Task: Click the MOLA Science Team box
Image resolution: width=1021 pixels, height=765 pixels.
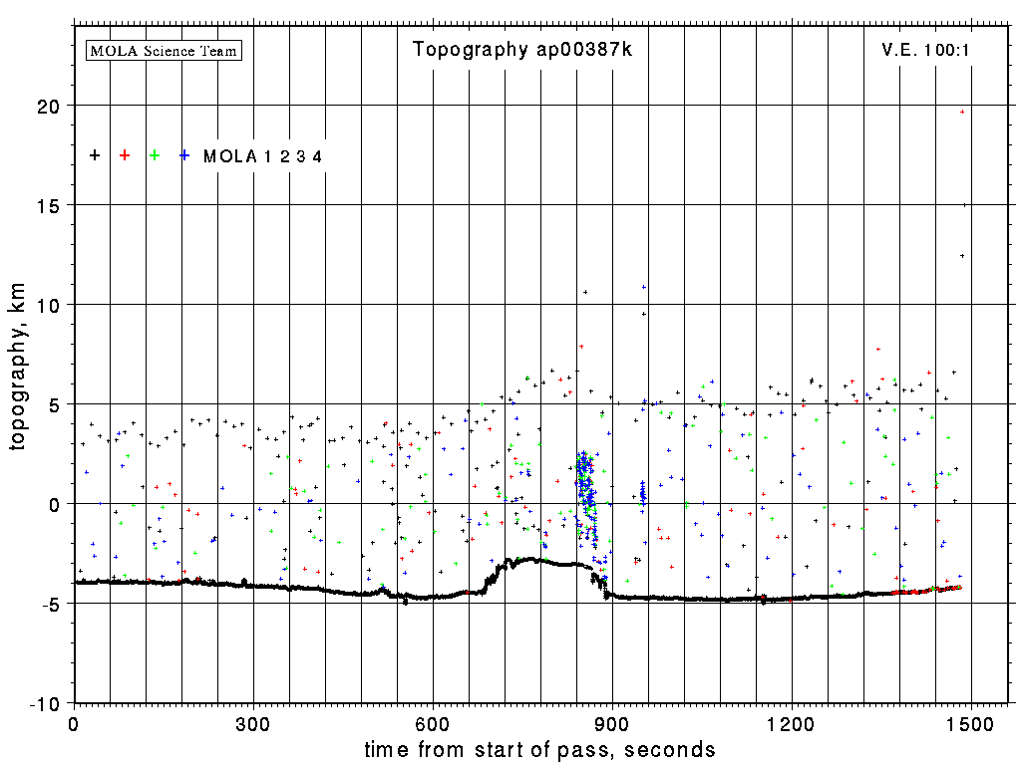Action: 165,50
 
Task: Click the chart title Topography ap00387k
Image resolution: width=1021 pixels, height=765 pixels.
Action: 522,50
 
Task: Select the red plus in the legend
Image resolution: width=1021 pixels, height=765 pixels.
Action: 125,155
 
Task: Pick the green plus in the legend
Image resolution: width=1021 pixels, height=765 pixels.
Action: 155,155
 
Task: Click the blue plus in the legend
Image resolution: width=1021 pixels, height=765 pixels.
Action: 184,155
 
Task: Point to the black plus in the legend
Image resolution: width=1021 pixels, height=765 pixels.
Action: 95,155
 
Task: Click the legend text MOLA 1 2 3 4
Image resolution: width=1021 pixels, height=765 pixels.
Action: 262,156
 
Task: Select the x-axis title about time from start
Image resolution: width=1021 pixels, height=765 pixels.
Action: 539,749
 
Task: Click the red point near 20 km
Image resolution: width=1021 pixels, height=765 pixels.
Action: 962,112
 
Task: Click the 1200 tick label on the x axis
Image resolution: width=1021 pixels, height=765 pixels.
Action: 792,721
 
